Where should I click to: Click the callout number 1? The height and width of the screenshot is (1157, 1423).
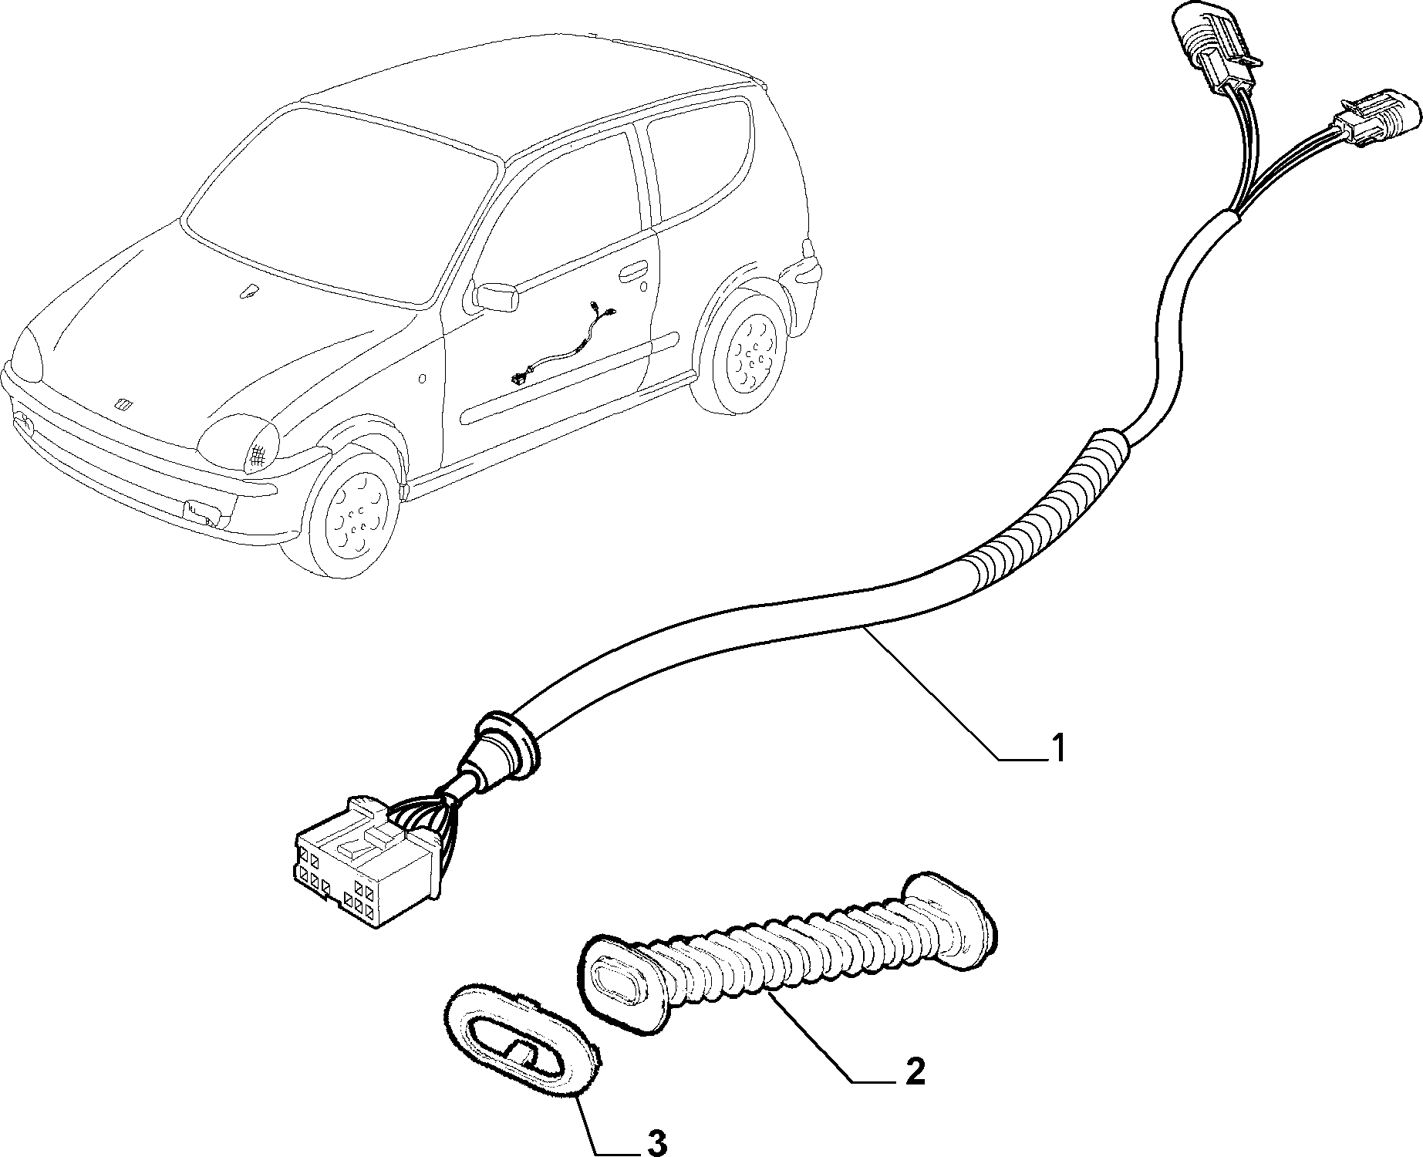click(1057, 747)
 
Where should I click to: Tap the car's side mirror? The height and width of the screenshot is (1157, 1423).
click(494, 297)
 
